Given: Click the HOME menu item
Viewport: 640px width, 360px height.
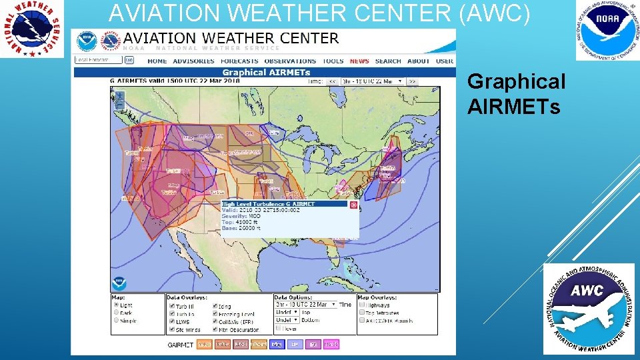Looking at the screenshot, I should tap(157, 61).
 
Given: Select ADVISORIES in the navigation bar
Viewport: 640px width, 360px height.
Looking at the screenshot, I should tap(193, 61).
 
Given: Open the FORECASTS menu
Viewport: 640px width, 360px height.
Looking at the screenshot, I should tap(239, 61).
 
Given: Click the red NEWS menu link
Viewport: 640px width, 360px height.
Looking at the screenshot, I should tap(359, 61).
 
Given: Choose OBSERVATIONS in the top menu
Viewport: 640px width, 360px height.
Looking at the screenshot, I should tap(290, 61).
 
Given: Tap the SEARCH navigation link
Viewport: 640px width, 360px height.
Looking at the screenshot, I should tap(388, 61).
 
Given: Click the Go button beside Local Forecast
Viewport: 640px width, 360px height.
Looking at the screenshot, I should tap(129, 60).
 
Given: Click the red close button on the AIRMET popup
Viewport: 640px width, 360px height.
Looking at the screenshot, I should tap(353, 205).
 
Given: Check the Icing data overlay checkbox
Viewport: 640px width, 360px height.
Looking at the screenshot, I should tap(215, 306).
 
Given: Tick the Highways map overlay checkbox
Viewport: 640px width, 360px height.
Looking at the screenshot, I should tap(362, 305).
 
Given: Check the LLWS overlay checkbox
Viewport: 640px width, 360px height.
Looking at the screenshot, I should tap(171, 321).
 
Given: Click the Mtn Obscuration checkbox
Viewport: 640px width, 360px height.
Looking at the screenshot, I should tap(215, 329).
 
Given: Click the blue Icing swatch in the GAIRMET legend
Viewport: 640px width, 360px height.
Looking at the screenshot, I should tap(277, 345).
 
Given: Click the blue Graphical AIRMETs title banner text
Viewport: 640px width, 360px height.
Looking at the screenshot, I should tap(266, 72).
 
